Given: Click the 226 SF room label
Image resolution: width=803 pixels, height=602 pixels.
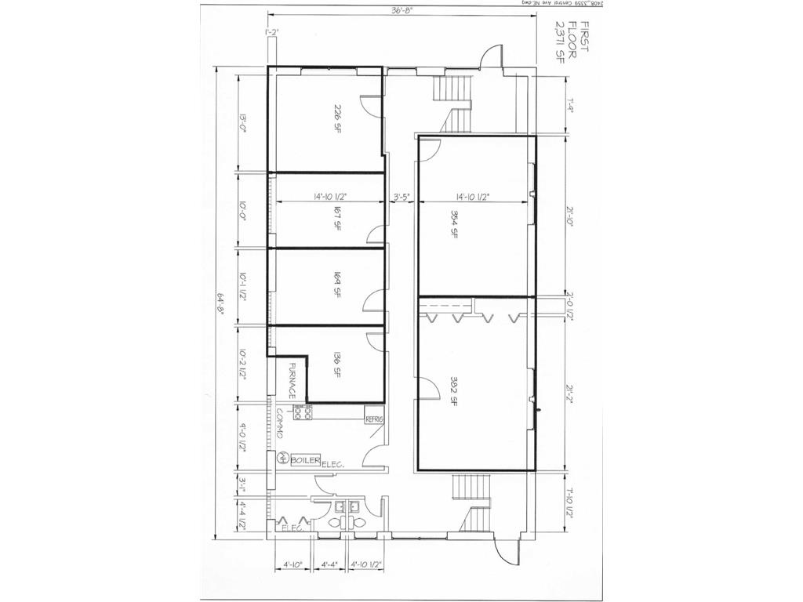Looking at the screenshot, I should point(338,118).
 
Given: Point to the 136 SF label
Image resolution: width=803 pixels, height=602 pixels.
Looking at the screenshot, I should point(338,365).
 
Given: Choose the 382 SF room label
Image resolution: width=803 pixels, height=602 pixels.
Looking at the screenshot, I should point(454,390).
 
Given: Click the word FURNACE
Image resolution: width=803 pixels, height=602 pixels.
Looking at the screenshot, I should point(292,381).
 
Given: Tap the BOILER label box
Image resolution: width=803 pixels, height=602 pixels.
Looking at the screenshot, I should point(304,460).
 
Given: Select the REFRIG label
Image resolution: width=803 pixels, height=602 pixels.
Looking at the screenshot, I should point(374,419).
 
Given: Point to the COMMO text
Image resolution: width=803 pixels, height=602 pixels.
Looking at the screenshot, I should point(279,424).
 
